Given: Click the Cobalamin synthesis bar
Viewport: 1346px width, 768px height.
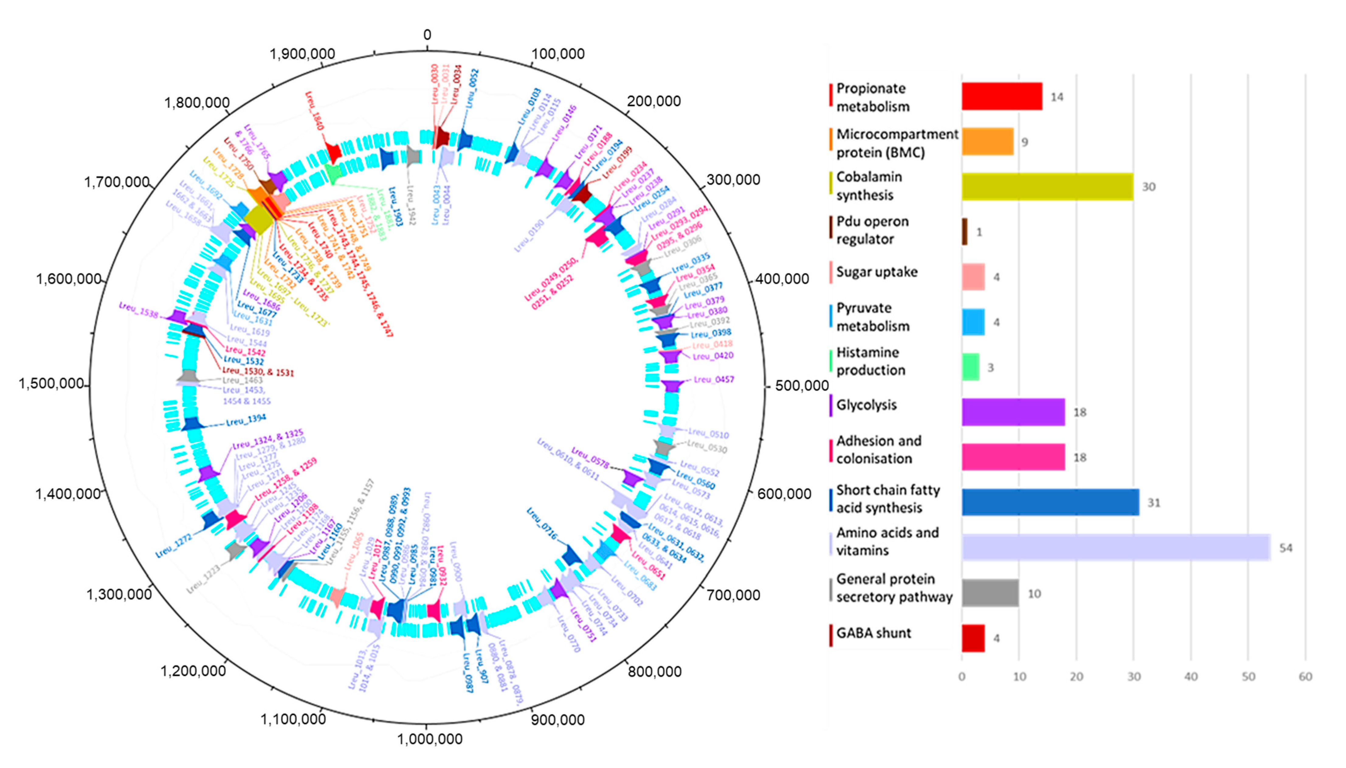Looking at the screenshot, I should click(x=1047, y=187).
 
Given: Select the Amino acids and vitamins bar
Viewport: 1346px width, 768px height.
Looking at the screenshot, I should click(x=1116, y=548).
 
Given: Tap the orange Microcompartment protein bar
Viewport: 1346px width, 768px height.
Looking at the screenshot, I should click(x=987, y=141).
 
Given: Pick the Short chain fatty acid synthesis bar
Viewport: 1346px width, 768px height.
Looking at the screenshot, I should click(x=1050, y=502).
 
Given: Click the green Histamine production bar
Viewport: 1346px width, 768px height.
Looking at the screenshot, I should click(x=970, y=367).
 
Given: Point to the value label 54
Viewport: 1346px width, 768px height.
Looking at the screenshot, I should click(x=1286, y=548).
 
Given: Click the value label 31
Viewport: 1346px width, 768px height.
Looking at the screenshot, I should click(x=1154, y=503).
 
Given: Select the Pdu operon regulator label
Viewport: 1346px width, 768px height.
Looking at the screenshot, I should click(x=873, y=230).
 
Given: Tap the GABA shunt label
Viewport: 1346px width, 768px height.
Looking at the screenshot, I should click(x=873, y=633).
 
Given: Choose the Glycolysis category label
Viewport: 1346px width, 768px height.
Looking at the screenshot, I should click(x=866, y=405).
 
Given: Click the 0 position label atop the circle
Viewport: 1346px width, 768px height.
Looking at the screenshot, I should click(x=427, y=35).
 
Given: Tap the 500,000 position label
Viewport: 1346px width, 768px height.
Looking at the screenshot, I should click(x=802, y=386).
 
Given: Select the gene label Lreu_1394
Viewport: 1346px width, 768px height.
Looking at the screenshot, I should click(x=246, y=420).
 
